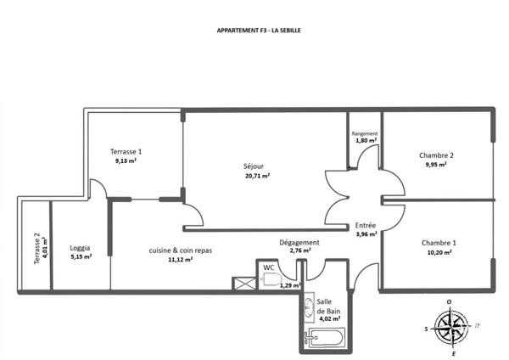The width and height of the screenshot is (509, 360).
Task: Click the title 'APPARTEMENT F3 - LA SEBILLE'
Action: [x=259, y=31]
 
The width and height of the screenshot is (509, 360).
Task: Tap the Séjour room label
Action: [x=254, y=166]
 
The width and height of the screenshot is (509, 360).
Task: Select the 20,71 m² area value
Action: [x=258, y=176]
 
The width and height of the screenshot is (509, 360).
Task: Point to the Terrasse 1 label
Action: [x=126, y=151]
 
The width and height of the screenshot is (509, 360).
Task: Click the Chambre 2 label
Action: [x=436, y=155]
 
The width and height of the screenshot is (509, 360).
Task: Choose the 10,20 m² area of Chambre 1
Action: [x=439, y=252]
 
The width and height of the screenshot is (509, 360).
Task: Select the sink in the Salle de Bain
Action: [x=310, y=307]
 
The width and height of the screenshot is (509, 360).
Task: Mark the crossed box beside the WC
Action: [x=244, y=284]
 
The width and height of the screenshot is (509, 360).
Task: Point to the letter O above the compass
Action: [x=450, y=302]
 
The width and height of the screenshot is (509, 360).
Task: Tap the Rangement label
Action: [x=365, y=133]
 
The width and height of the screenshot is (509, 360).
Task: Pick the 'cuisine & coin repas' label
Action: [x=181, y=250]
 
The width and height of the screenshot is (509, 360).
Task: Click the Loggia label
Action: [x=80, y=248]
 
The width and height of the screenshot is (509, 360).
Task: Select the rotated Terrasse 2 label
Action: [x=37, y=249]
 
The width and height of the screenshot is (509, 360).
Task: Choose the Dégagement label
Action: [x=299, y=243]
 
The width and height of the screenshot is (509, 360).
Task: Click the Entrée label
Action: [x=365, y=226]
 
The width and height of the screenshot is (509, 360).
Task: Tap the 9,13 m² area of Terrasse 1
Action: [x=126, y=160]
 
